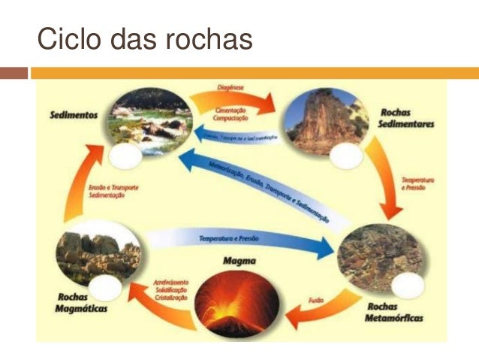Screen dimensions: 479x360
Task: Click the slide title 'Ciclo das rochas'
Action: (x=145, y=39)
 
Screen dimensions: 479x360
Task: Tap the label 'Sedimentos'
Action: (x=73, y=117)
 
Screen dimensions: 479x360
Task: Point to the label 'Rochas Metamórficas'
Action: (x=395, y=313)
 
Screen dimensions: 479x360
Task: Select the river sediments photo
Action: (x=148, y=120)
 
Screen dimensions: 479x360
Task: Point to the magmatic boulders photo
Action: (x=98, y=252)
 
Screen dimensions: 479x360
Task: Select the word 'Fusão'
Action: (x=316, y=300)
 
